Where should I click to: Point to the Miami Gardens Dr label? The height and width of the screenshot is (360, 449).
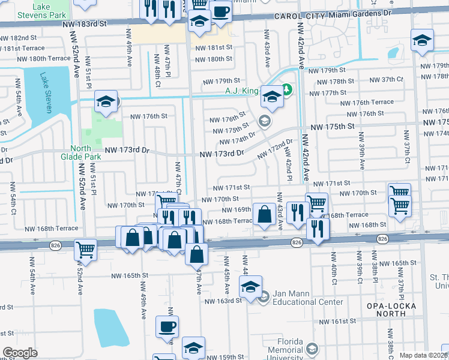click(372, 12)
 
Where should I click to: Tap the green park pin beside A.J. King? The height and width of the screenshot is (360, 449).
click(287, 91)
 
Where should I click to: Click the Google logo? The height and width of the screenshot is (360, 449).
click(20, 353)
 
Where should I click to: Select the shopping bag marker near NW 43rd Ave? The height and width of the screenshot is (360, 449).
click(264, 214)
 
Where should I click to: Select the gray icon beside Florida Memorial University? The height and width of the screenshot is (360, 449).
click(312, 349)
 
